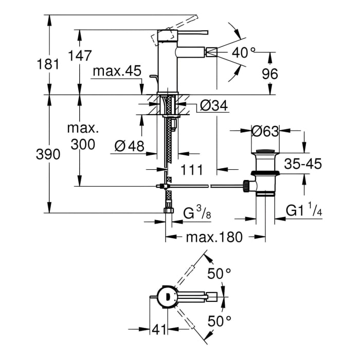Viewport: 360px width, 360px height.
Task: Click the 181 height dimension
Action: tap(48, 64)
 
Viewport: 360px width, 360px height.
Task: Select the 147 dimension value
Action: tap(80, 56)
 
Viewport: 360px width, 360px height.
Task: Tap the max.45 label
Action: tap(117, 71)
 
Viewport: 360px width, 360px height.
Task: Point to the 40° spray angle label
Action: tap(243, 52)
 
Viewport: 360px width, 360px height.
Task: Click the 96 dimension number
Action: tap(270, 74)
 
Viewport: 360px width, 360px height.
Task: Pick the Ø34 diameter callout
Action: tap(214, 105)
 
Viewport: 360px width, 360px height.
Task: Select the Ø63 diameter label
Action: tap(265, 132)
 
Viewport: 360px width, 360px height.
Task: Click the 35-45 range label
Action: tap(303, 164)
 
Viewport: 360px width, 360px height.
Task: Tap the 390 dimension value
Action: tap(48, 154)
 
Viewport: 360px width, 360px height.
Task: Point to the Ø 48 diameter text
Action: tap(130, 146)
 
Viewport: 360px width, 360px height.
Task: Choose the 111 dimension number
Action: tap(192, 170)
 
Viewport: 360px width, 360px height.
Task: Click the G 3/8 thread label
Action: tap(197, 212)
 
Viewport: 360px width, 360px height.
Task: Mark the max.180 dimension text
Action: tap(214, 237)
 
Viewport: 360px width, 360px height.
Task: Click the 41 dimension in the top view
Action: tap(159, 330)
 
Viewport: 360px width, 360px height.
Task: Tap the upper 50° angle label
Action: tap(219, 274)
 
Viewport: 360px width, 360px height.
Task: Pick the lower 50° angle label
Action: tap(219, 321)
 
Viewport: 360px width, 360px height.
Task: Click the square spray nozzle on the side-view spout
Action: tap(211, 52)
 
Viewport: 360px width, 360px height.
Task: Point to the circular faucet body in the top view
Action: tap(167, 298)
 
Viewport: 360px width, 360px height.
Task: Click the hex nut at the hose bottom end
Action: tap(169, 210)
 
